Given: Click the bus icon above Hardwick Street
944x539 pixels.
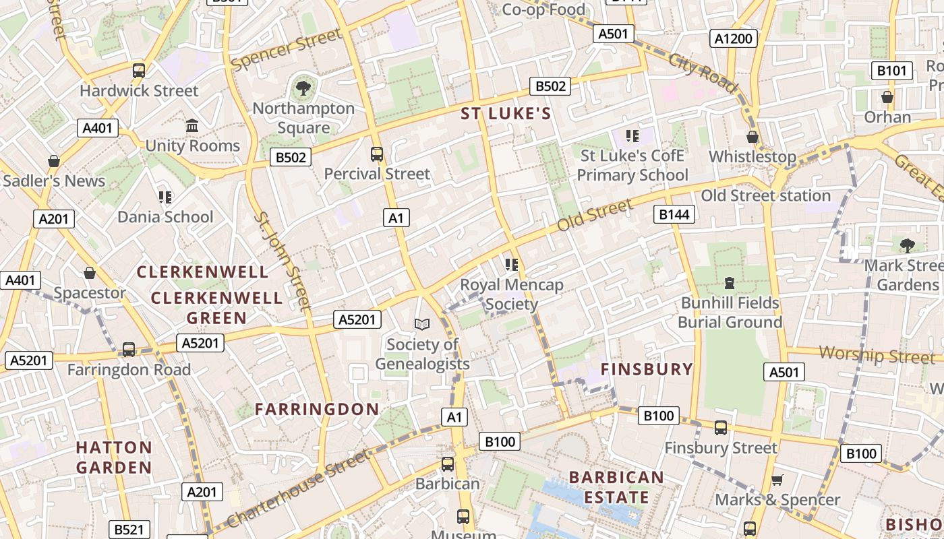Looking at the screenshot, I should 138,70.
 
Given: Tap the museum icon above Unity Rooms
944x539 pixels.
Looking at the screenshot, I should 192,126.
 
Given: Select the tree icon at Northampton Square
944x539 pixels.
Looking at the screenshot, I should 303,88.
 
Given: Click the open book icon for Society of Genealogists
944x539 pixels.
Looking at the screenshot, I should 422,325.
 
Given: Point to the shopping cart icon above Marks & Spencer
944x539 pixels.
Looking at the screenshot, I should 777,480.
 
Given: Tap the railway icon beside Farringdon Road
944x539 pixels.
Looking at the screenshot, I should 128,350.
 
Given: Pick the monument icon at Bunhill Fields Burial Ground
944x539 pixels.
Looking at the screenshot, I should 729,282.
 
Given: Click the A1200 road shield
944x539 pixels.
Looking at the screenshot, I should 733,38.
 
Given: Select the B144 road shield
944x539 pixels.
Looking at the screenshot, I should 674,214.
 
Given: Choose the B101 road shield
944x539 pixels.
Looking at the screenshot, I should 892,71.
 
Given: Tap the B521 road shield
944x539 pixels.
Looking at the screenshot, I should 129,530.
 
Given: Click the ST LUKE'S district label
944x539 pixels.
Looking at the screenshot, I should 506,114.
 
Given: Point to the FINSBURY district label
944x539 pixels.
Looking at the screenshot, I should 647,369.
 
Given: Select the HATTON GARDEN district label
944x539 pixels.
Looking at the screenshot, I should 114,457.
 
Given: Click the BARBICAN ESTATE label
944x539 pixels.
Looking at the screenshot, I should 616,487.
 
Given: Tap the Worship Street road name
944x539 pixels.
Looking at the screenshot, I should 877,354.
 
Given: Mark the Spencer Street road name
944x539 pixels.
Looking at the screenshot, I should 287,49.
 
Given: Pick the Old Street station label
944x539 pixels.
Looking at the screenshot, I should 765,196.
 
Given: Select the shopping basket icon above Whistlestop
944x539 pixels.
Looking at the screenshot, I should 753,137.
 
